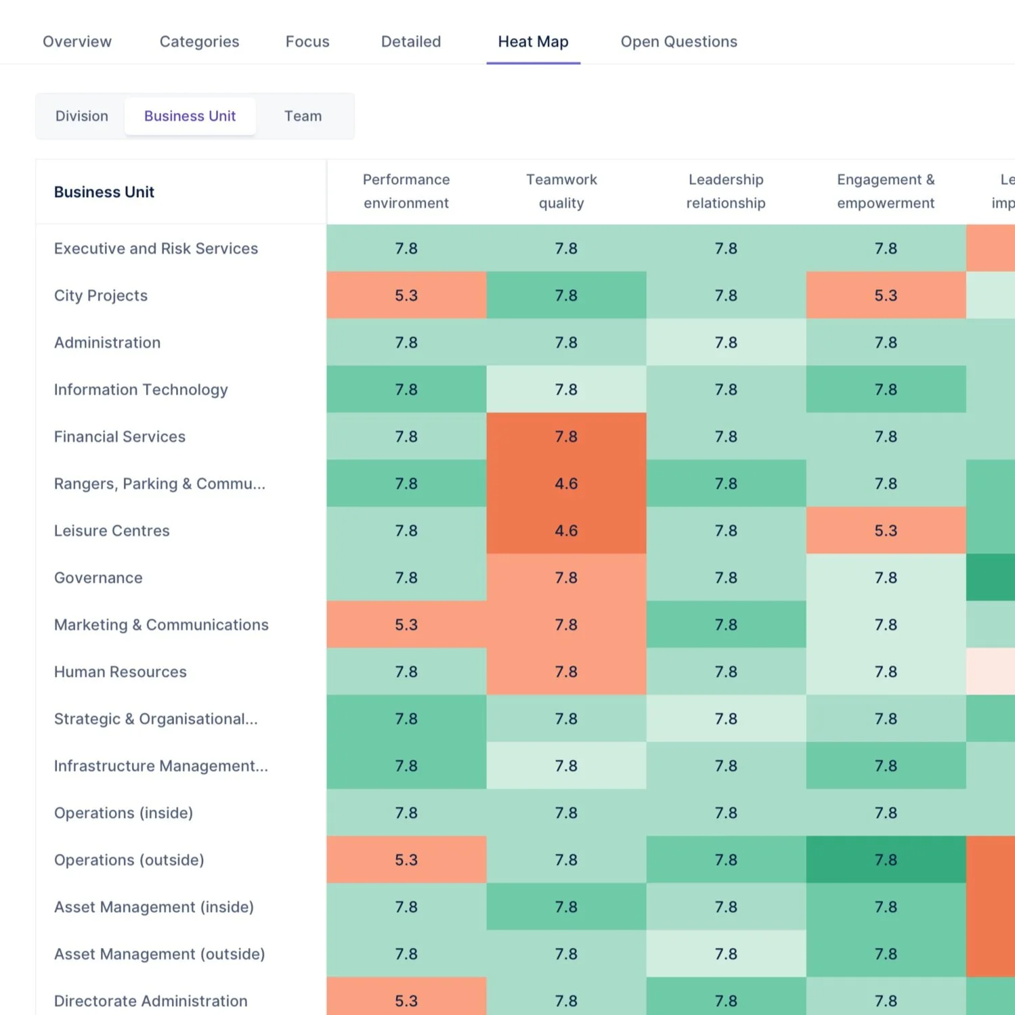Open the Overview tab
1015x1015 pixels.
[77, 42]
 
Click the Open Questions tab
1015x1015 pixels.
[678, 42]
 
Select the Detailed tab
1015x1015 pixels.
[411, 42]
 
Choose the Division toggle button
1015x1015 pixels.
[82, 116]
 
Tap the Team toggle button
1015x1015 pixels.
[303, 116]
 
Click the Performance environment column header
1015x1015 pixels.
[406, 192]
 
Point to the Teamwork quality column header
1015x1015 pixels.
[561, 192]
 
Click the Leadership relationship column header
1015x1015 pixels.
[726, 192]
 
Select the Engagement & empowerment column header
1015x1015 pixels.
[886, 192]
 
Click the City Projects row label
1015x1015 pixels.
[101, 296]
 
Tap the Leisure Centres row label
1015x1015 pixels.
[112, 531]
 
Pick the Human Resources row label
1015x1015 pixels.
[121, 672]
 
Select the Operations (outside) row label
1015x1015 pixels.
[129, 860]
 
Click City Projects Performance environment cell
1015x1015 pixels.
[406, 296]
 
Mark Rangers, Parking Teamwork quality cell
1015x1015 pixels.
[566, 483]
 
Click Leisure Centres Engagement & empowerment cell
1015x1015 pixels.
[886, 531]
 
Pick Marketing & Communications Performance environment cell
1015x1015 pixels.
[406, 624]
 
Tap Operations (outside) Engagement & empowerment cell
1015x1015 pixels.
[886, 860]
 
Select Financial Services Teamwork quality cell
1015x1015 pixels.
[566, 437]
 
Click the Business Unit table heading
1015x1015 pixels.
[104, 192]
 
